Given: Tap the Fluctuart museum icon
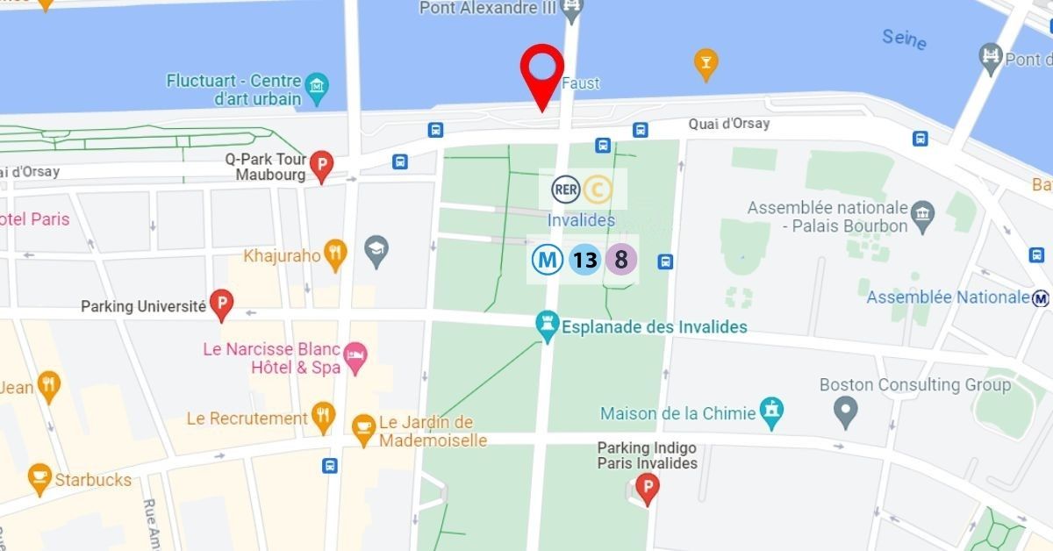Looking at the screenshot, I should click(317, 84).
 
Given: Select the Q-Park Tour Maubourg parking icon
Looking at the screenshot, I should click(322, 164).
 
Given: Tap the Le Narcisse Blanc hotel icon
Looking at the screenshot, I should click(355, 356).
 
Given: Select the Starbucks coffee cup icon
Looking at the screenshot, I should click(39, 476).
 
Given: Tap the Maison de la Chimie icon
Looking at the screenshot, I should click(772, 411).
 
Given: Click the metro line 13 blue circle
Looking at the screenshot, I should click(584, 260).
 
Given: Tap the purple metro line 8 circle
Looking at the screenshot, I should click(621, 260).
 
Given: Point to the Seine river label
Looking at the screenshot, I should click(903, 38).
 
